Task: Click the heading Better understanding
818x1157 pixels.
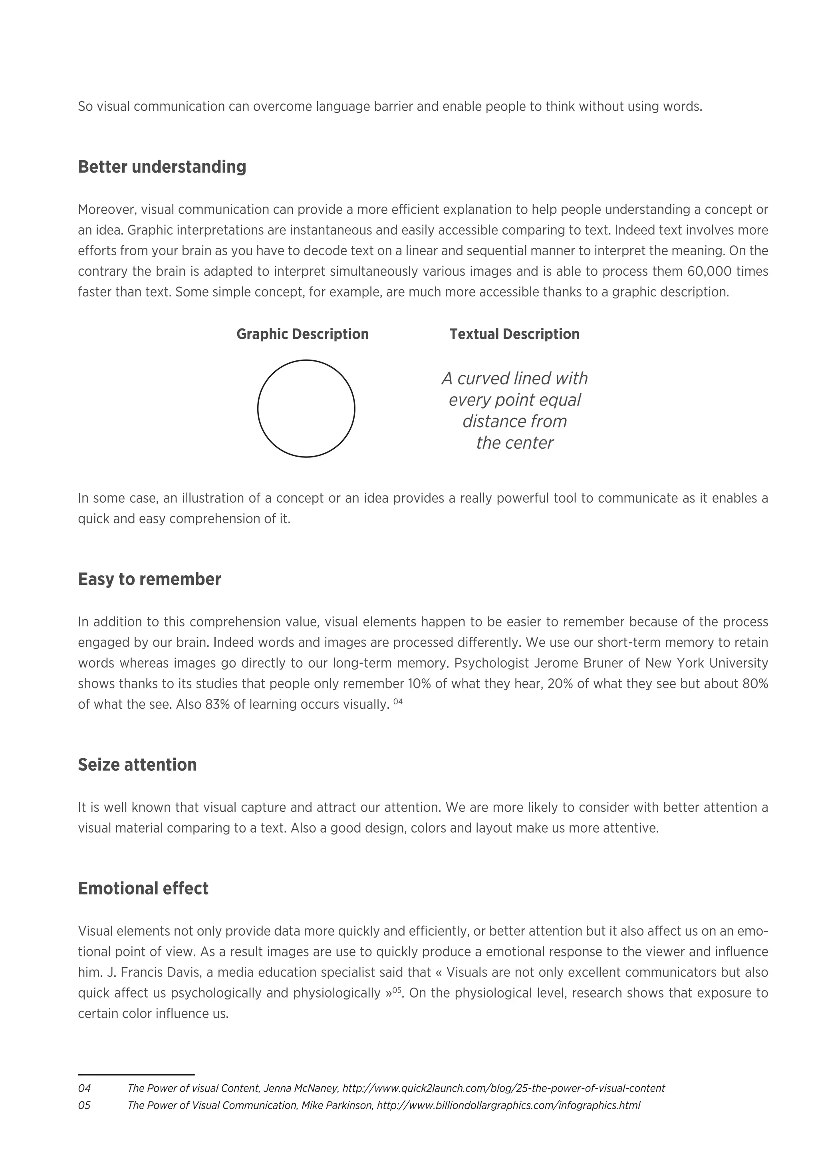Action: pos(162,167)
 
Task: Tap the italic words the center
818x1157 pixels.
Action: pos(514,443)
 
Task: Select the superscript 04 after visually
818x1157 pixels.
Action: pos(398,702)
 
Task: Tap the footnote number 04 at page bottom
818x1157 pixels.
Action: pos(84,1088)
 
